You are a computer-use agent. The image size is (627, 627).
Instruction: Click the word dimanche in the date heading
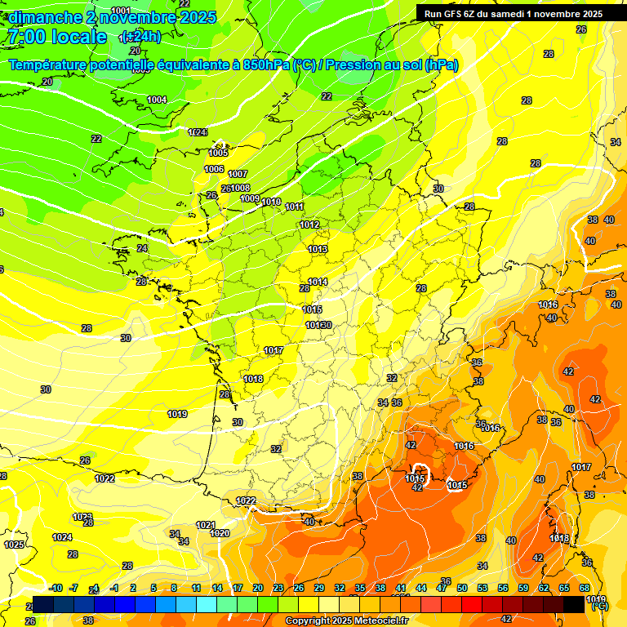pyautogui.click(x=42, y=17)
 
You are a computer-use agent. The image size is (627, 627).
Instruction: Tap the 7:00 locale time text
pyautogui.click(x=56, y=37)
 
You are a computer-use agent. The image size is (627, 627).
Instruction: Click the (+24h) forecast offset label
pyautogui.click(x=140, y=37)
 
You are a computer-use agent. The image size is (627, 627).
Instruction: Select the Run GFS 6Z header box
pyautogui.click(x=514, y=13)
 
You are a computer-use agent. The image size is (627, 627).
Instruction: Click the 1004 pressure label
pyautogui.click(x=157, y=100)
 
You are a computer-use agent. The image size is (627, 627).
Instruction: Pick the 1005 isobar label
pyautogui.click(x=218, y=153)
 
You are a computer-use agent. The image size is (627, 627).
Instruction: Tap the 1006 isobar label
pyautogui.click(x=214, y=169)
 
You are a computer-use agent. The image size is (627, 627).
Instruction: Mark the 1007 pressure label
pyautogui.click(x=238, y=174)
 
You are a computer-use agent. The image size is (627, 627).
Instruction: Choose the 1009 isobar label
pyautogui.click(x=250, y=198)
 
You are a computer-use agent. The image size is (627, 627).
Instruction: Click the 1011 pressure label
pyautogui.click(x=295, y=207)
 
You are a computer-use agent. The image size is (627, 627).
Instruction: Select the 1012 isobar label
pyautogui.click(x=309, y=225)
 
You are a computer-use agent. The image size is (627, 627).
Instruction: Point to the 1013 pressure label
pyautogui.click(x=318, y=249)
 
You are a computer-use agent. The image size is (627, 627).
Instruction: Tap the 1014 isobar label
pyautogui.click(x=318, y=282)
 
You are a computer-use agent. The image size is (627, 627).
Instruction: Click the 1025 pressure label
pyautogui.click(x=14, y=544)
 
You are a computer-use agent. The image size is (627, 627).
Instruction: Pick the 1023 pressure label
pyautogui.click(x=82, y=517)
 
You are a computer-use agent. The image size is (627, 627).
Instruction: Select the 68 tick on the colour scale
pyautogui.click(x=585, y=588)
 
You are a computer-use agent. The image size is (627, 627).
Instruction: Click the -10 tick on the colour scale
pyautogui.click(x=56, y=588)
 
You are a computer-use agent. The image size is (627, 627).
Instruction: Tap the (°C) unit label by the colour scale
pyautogui.click(x=598, y=607)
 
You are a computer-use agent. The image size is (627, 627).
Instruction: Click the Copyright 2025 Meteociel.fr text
pyautogui.click(x=345, y=620)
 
